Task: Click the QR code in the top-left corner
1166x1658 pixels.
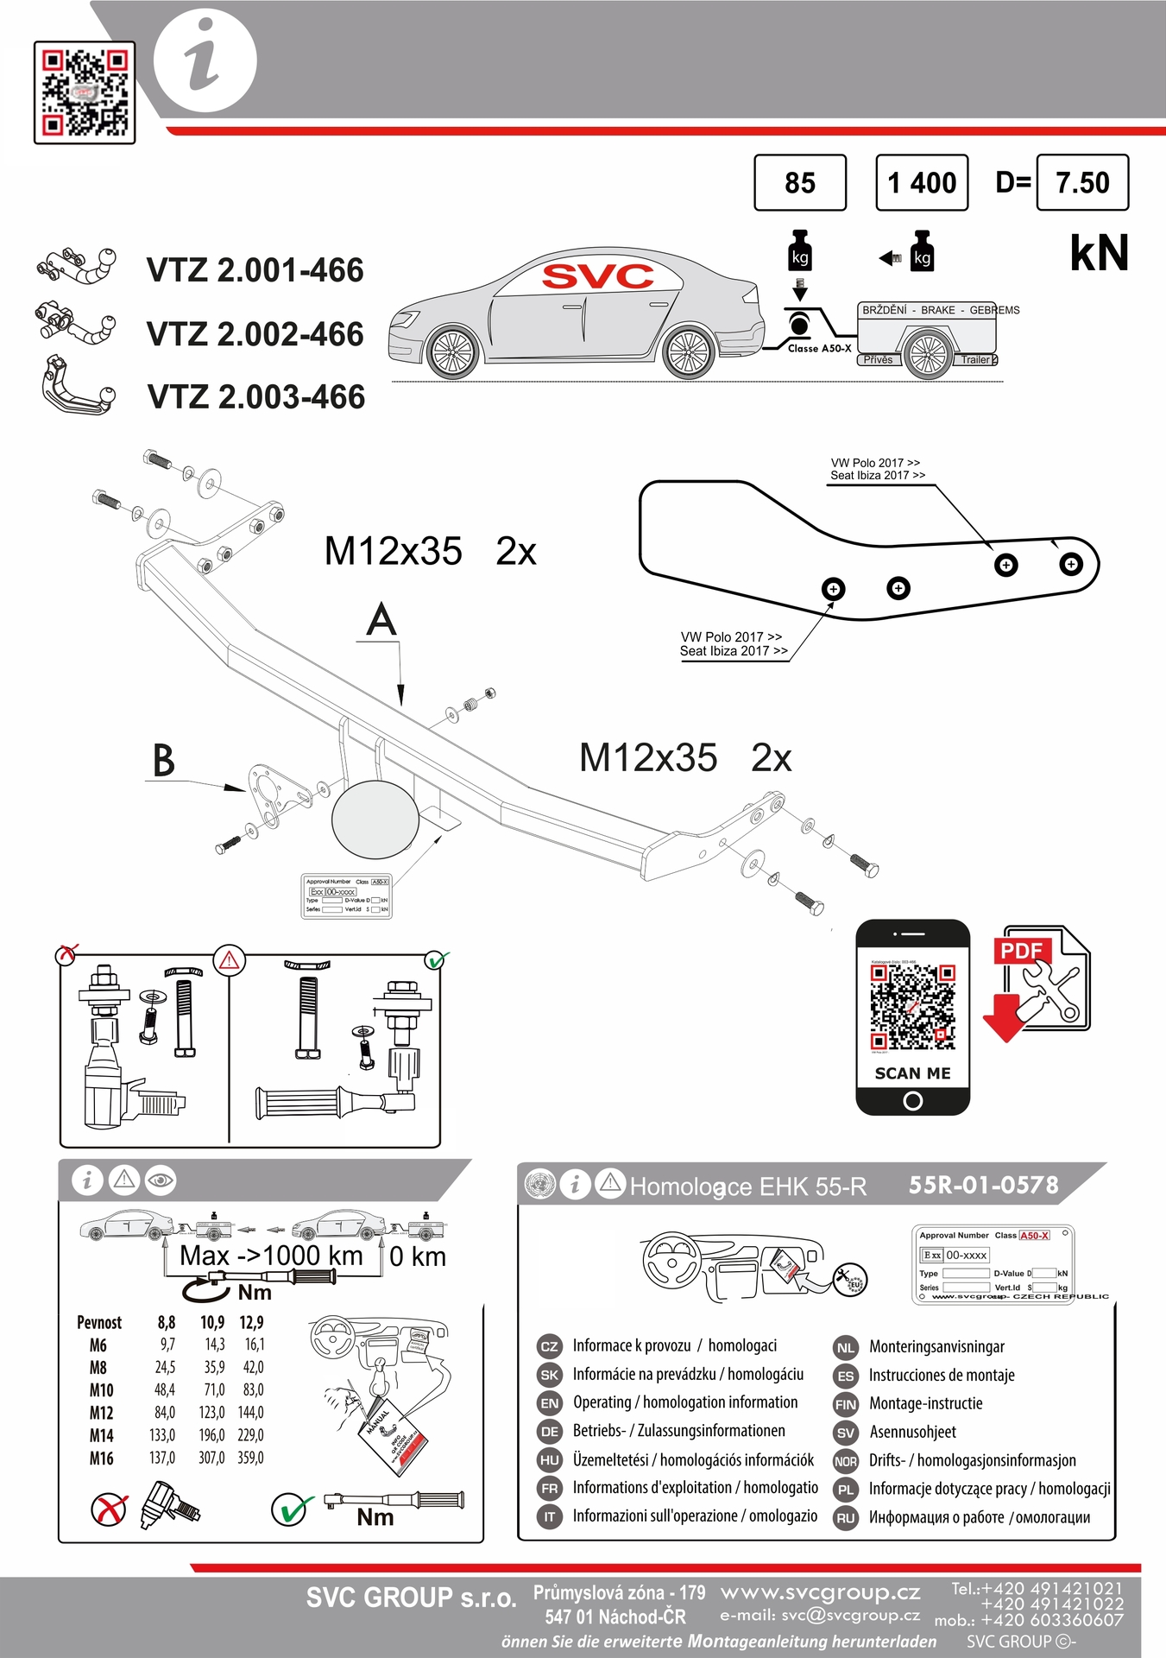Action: click(85, 92)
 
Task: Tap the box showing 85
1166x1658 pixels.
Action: click(800, 182)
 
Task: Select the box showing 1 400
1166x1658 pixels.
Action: click(922, 182)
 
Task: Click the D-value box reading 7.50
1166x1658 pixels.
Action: click(1082, 182)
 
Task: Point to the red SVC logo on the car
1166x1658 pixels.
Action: click(597, 276)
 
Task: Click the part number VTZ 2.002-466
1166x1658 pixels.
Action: click(255, 334)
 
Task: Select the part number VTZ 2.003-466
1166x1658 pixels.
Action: click(256, 397)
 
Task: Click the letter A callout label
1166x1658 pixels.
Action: click(381, 621)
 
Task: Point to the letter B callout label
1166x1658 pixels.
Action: click(163, 761)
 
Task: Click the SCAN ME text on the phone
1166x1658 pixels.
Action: click(912, 1073)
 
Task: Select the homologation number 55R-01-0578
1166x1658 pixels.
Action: click(983, 1185)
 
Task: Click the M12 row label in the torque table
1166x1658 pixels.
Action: click(101, 1413)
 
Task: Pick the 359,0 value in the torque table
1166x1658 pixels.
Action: click(250, 1458)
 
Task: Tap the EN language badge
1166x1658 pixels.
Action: click(549, 1403)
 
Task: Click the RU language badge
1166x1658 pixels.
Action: click(846, 1518)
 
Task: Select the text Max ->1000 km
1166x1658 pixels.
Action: click(271, 1256)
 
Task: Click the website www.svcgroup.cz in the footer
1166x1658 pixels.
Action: click(820, 1592)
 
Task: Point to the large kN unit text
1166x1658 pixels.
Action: click(1099, 253)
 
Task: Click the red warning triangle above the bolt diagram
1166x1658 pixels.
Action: click(230, 959)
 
